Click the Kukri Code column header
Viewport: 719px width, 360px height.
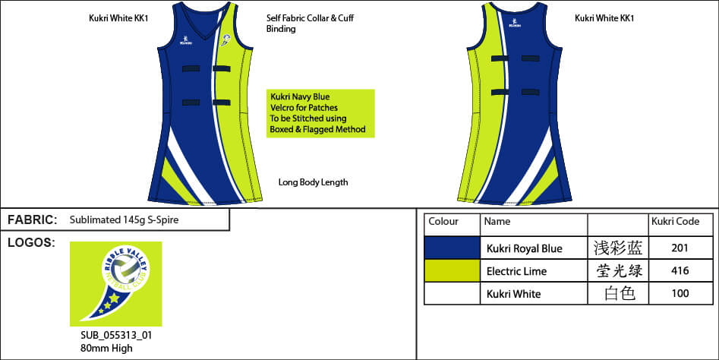[x=674, y=222]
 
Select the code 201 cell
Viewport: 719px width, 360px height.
[x=681, y=248]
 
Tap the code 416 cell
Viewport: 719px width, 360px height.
[x=681, y=271]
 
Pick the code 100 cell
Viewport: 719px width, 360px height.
[x=681, y=294]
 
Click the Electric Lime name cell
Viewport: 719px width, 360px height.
[x=516, y=271]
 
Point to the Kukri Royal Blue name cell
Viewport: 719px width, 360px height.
[x=524, y=248]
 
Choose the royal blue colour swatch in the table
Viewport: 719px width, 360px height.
[x=452, y=248]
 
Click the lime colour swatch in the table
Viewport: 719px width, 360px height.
[x=452, y=270]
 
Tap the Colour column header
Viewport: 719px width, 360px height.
[x=443, y=222]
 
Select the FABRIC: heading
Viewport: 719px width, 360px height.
[x=33, y=220]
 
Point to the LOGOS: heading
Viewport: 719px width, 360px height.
[x=31, y=242]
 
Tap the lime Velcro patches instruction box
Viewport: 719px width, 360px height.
[x=320, y=113]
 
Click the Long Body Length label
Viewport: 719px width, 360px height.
[x=313, y=182]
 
